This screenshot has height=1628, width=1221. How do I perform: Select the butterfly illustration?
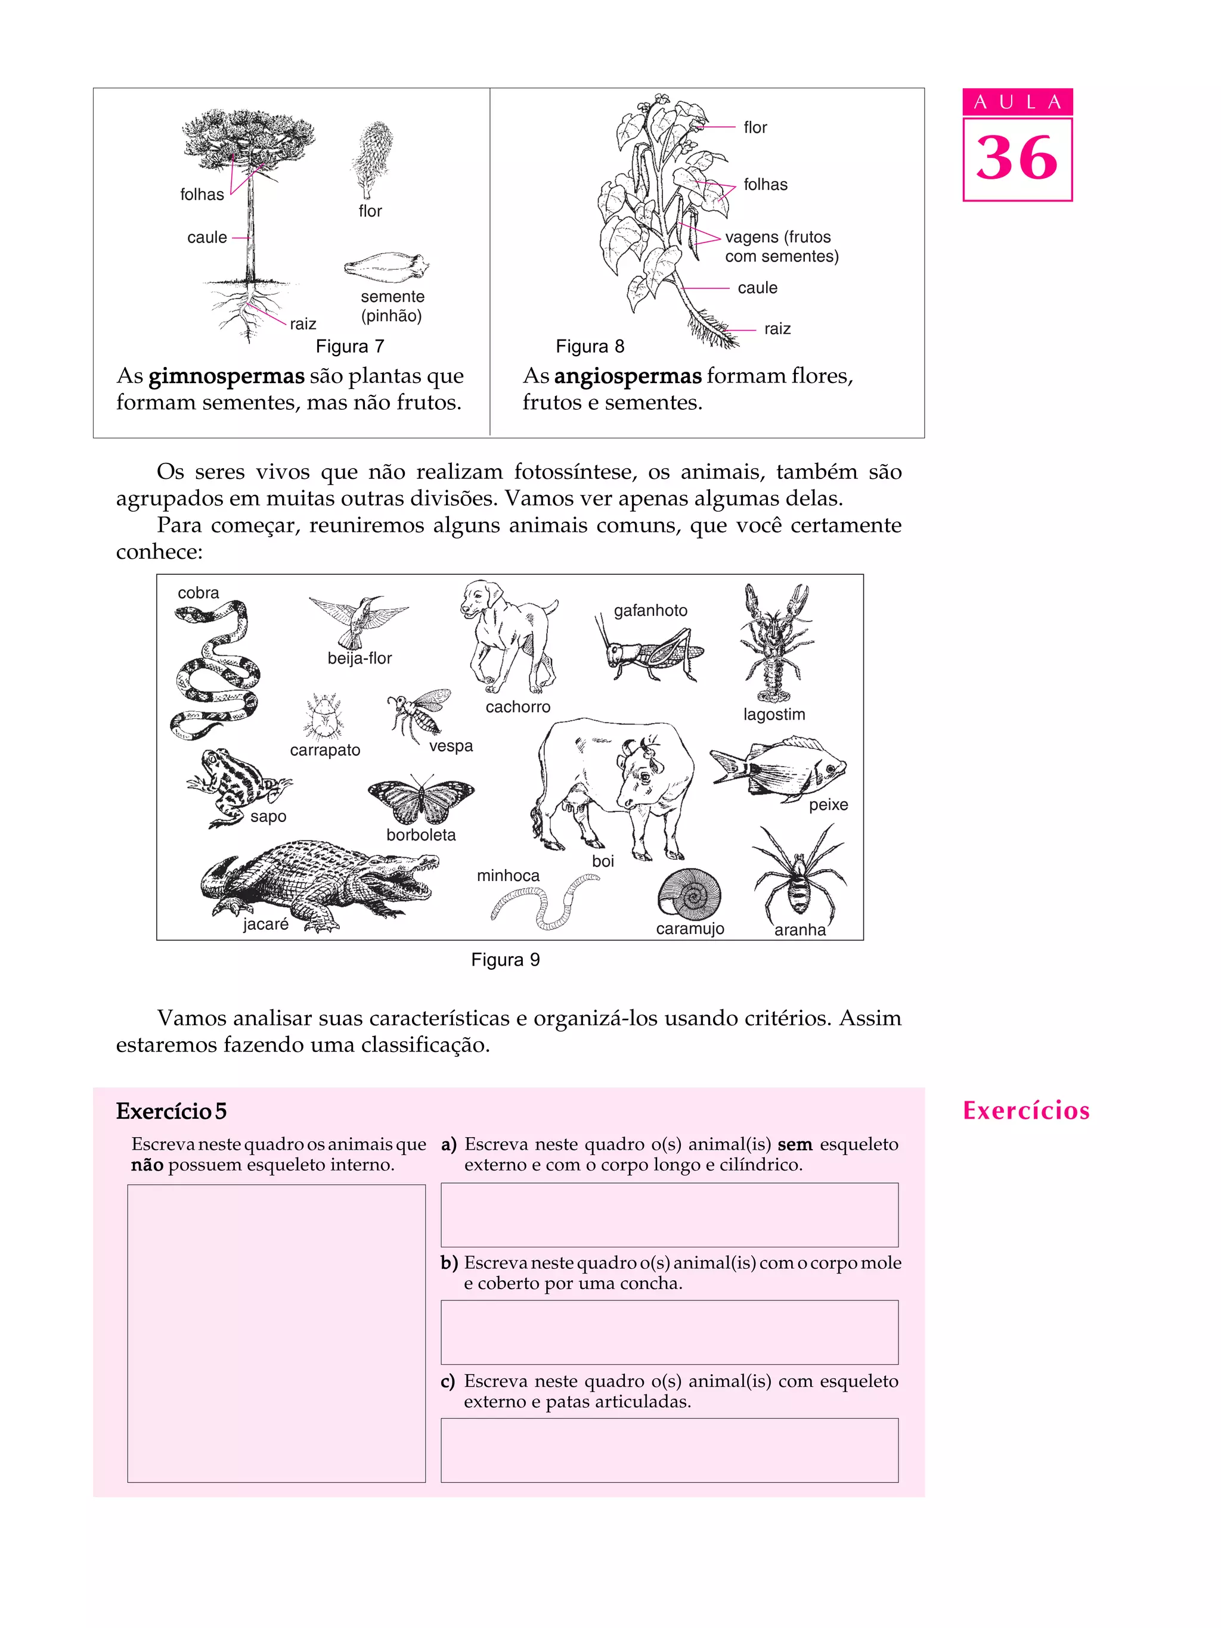420,801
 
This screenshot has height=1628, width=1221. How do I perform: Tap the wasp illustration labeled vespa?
420,712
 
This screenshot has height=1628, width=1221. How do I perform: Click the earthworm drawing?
546,900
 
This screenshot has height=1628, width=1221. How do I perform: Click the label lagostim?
773,714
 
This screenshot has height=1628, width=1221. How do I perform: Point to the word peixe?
828,804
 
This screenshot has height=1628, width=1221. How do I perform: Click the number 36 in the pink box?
1017,158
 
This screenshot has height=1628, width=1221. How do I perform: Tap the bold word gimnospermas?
226,376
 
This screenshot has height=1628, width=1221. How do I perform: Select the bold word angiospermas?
627,376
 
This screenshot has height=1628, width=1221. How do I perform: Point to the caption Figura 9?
505,960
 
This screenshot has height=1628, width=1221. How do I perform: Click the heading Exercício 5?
171,1110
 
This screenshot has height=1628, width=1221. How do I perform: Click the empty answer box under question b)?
669,1331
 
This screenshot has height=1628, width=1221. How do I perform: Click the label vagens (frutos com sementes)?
780,247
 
